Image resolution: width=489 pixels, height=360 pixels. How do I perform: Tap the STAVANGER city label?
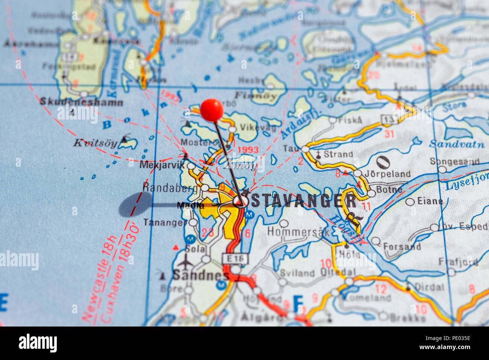[303, 201]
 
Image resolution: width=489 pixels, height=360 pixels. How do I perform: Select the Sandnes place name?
[200, 275]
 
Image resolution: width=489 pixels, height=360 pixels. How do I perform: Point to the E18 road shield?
[235, 259]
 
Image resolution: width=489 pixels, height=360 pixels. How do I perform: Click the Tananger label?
[165, 222]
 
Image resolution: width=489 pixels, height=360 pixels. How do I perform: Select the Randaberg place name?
[170, 187]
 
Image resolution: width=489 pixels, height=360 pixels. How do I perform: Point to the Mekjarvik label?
[162, 165]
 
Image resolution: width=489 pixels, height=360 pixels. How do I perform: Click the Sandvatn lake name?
[453, 143]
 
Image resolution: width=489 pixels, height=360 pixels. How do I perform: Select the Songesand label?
[461, 162]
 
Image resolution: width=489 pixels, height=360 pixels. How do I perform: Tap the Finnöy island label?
[256, 95]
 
